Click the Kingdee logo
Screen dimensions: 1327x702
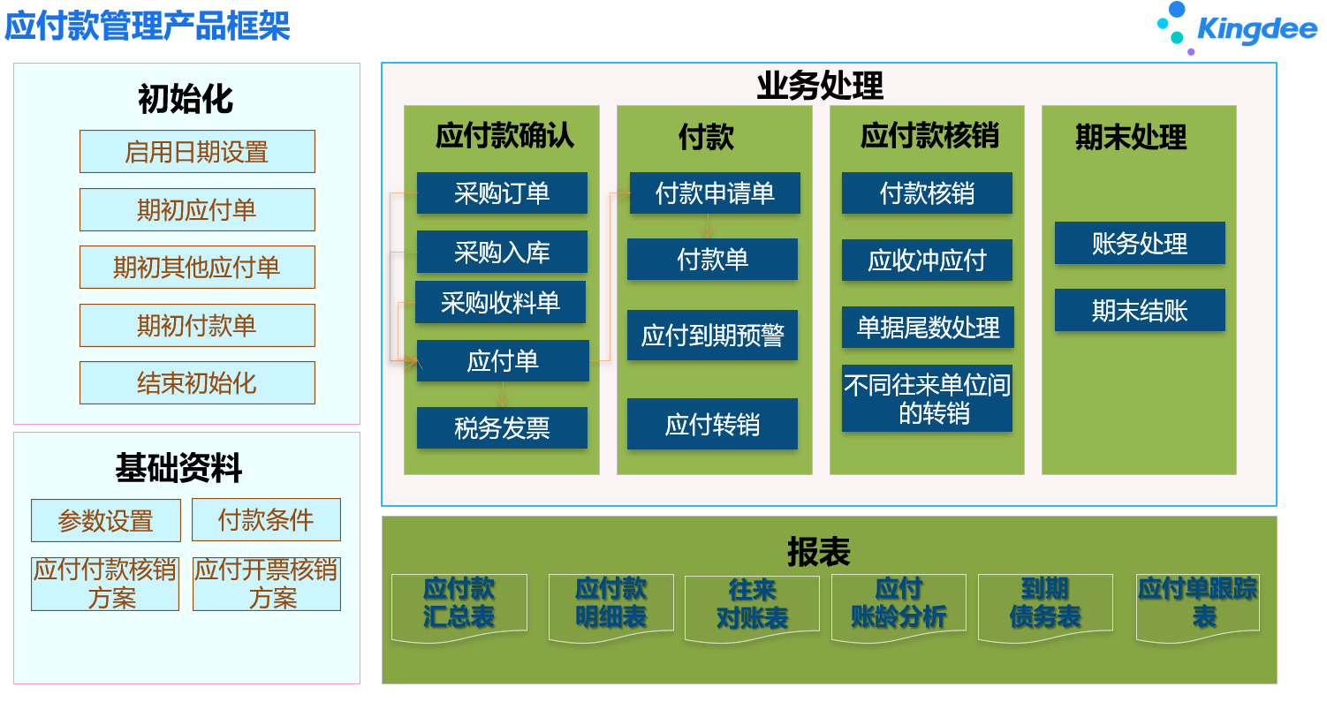pyautogui.click(x=1237, y=28)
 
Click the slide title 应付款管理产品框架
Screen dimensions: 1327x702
pyautogui.click(x=147, y=26)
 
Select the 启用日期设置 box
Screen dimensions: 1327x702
pyautogui.click(x=197, y=152)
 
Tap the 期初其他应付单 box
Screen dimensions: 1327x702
pyautogui.click(x=197, y=267)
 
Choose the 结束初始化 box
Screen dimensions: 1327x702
pyautogui.click(x=197, y=383)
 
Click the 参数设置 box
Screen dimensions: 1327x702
pyautogui.click(x=106, y=520)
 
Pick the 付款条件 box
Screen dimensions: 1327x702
pyautogui.click(x=266, y=520)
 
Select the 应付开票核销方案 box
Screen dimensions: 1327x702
pyautogui.click(x=267, y=584)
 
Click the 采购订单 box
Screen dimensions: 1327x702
pyautogui.click(x=502, y=193)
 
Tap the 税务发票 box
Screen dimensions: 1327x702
pyautogui.click(x=502, y=427)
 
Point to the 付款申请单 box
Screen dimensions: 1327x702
pyautogui.click(x=715, y=193)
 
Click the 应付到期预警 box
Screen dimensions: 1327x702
pyautogui.click(x=712, y=335)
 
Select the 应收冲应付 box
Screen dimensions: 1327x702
pyautogui.click(x=927, y=260)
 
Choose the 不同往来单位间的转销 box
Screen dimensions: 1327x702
pyautogui.click(x=927, y=398)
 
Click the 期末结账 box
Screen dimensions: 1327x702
pyautogui.click(x=1140, y=310)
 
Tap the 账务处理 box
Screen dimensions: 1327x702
pyautogui.click(x=1140, y=243)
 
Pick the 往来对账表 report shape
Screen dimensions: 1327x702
pyautogui.click(x=752, y=608)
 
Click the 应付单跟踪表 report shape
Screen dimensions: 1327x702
pyautogui.click(x=1197, y=607)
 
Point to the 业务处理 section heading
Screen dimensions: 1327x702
pyautogui.click(x=820, y=86)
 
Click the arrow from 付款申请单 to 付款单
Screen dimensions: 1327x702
pyautogui.click(x=707, y=226)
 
